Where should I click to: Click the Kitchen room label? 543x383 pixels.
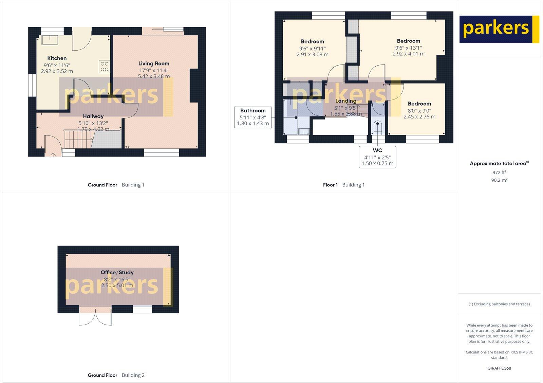[x=57, y=58]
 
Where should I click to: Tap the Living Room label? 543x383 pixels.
[x=154, y=63]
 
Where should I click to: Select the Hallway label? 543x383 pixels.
[x=93, y=116]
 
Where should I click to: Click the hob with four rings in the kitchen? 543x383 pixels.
[x=104, y=67]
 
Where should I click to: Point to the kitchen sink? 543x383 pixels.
[x=50, y=40]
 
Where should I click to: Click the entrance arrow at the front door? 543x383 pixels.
[x=53, y=155]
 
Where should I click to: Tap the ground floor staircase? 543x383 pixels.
[x=78, y=139]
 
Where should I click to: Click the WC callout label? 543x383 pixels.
[x=377, y=150]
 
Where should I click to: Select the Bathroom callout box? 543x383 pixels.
[x=253, y=117]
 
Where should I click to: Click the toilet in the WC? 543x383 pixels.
[x=377, y=127]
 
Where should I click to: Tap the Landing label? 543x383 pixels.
[x=346, y=101]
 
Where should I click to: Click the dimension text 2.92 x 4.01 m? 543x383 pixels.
[x=408, y=54]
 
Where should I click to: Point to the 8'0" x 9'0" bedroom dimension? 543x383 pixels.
[x=419, y=110]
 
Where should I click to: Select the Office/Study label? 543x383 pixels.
[x=117, y=272]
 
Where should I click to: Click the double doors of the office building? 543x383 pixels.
[x=95, y=316]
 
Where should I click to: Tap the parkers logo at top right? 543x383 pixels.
[x=499, y=29]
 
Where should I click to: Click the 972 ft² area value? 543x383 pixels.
[x=499, y=172]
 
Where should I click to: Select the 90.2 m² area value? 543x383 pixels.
[x=499, y=180]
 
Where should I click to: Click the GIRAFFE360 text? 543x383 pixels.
[x=499, y=368]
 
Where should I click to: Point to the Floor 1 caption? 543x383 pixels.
[x=330, y=185]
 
